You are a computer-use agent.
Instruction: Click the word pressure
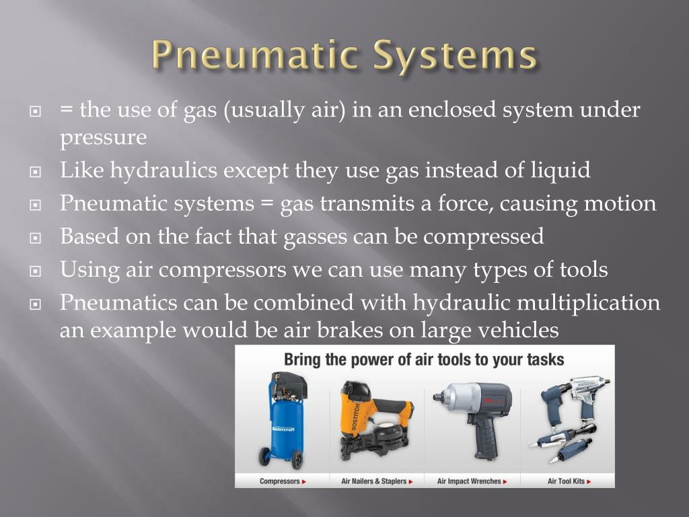click(103, 138)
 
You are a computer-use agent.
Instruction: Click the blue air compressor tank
click(279, 421)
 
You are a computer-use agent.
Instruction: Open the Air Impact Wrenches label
click(470, 481)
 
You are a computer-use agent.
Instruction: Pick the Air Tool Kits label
click(567, 481)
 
